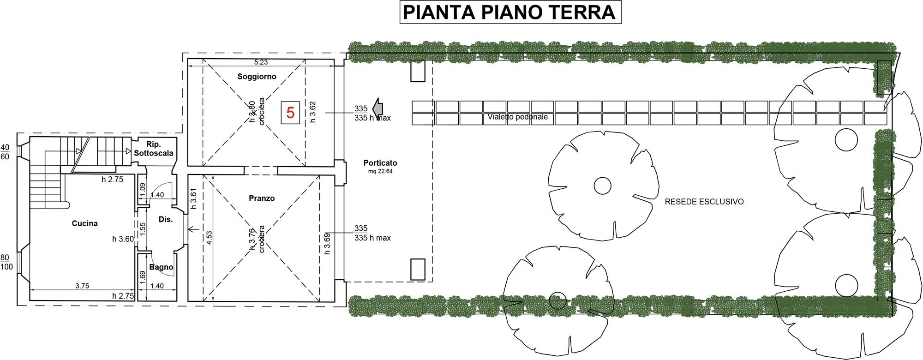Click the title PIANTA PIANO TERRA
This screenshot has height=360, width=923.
[509, 12]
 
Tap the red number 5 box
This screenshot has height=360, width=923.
[290, 113]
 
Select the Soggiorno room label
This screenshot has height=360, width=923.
[257, 77]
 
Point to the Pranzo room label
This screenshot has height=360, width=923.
[262, 198]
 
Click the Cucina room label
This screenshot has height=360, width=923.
[85, 223]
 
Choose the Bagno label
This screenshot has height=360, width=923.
[161, 267]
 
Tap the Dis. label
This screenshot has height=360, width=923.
[166, 220]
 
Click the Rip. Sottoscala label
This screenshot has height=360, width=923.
[154, 149]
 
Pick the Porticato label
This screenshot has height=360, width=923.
[380, 163]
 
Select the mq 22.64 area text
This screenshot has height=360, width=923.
[380, 171]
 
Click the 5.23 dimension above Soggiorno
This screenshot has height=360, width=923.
[261, 62]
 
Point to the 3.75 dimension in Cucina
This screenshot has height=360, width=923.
[82, 286]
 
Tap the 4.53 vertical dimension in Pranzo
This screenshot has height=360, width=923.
[209, 237]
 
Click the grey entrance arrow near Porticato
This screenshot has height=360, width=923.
[378, 108]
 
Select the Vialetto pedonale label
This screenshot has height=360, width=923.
[518, 117]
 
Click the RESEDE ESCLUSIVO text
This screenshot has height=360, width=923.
[704, 202]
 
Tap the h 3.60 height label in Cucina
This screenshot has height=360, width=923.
[123, 239]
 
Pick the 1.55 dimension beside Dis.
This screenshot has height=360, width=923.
[143, 227]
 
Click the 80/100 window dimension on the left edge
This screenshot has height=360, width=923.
[6, 262]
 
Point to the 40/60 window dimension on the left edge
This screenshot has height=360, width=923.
[5, 152]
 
